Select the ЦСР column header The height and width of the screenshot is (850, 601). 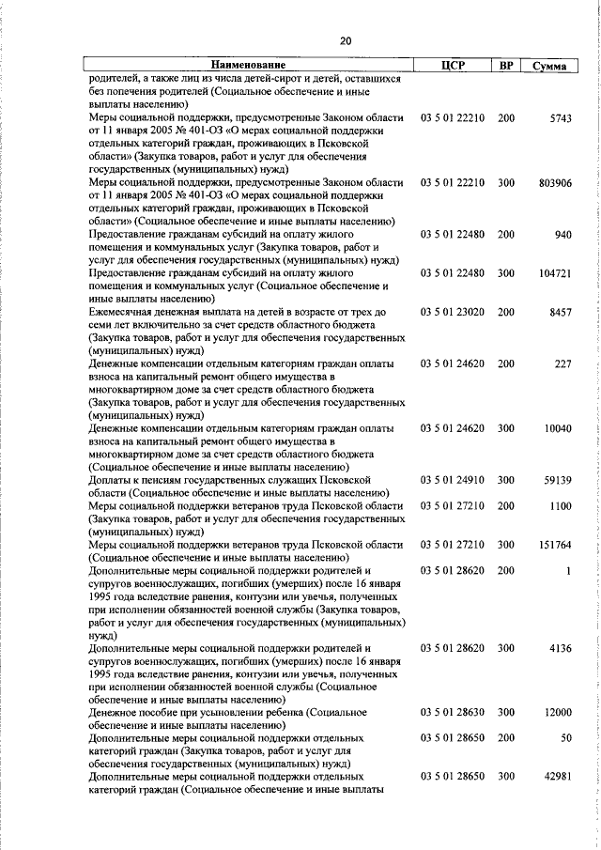click(454, 66)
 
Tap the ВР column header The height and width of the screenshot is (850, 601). click(506, 66)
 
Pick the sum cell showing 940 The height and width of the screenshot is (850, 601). click(563, 234)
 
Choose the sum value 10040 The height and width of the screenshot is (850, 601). click(558, 428)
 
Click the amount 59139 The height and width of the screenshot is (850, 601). click(558, 480)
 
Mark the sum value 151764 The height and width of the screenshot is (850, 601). click(555, 544)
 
